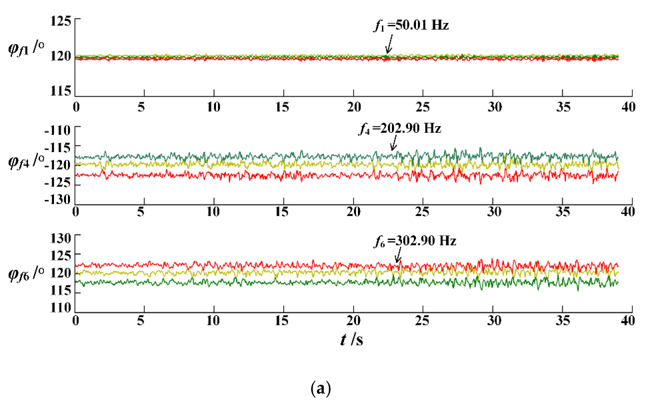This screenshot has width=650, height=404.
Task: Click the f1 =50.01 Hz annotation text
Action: pos(411,25)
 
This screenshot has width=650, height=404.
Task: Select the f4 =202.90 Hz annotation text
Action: pos(400,129)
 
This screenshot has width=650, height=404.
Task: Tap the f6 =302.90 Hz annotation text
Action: pos(415,241)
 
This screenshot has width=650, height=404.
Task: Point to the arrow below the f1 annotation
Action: pos(390,44)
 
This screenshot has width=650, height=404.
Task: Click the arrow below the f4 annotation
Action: pos(394,143)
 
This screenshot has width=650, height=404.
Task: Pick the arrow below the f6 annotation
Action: pos(398,255)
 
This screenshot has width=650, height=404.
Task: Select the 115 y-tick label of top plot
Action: pos(61,91)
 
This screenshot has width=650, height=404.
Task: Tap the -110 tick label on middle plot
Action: pos(57,130)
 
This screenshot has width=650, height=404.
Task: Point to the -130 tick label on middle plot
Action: pos(57,199)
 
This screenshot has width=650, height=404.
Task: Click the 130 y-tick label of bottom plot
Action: pos(61,238)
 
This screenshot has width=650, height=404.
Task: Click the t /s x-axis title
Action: pos(352,340)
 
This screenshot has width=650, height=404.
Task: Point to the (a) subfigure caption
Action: pos(321,389)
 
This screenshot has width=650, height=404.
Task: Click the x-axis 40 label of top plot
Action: pos(628,107)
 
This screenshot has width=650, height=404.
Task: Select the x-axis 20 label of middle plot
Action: pos(354,212)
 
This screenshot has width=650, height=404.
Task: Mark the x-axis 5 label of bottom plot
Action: pos(141,320)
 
